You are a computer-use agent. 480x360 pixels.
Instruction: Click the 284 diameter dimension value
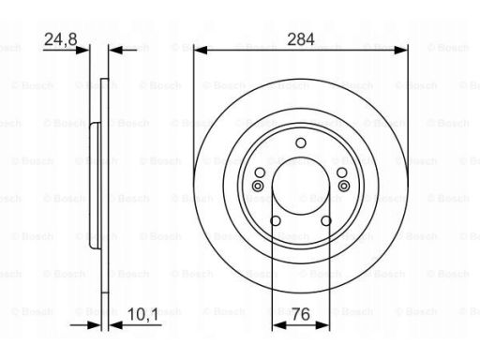click(x=301, y=39)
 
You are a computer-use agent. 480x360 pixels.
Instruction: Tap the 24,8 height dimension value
click(x=61, y=39)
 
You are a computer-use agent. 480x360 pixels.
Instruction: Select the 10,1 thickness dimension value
click(x=143, y=314)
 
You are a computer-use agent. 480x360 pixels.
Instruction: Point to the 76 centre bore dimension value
click(x=301, y=314)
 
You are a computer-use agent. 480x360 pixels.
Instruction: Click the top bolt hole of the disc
click(x=301, y=142)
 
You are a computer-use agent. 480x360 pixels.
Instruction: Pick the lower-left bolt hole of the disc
click(x=276, y=221)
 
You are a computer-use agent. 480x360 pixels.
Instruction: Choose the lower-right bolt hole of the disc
click(x=326, y=221)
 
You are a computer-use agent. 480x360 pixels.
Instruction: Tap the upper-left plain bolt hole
click(x=260, y=172)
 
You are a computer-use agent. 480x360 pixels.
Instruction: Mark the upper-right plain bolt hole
click(x=341, y=172)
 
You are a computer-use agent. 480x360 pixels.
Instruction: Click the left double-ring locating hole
click(x=258, y=187)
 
